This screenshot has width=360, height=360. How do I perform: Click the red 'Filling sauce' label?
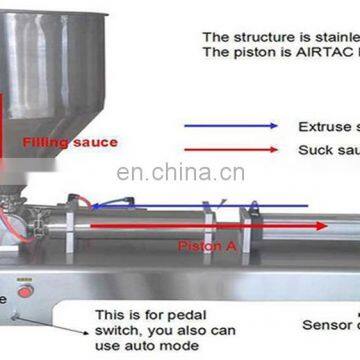coord(70,142)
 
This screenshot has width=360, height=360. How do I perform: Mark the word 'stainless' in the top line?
coord(330,37)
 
